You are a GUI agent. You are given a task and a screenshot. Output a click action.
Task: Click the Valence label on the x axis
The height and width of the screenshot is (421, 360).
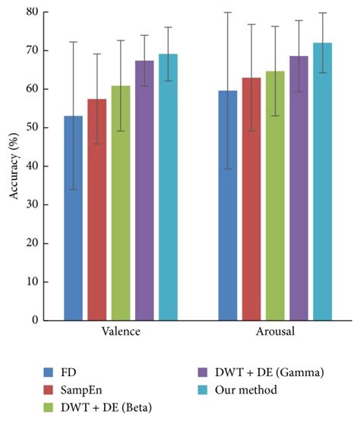[120, 333]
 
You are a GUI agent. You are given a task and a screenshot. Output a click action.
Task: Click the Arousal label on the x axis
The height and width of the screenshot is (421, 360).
[275, 333]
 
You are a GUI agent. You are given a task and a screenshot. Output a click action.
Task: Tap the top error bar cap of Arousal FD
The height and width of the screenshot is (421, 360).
[228, 12]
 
